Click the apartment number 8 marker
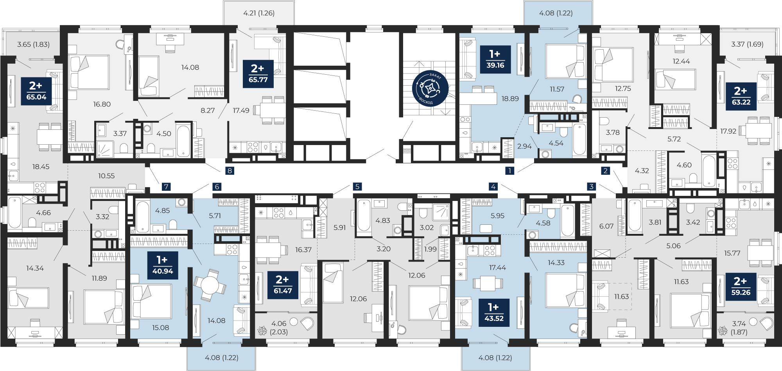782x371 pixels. [230, 170]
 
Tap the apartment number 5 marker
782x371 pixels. [357, 186]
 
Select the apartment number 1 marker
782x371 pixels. [509, 170]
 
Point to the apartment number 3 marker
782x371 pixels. [591, 186]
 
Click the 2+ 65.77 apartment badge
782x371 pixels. [258, 73]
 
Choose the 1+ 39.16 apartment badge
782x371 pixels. [495, 59]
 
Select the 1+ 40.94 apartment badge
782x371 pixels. [163, 265]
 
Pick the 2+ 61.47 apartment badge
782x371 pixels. [283, 285]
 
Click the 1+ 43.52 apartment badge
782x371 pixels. [494, 313]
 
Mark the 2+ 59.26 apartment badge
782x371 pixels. [741, 287]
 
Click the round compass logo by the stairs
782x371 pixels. [429, 88]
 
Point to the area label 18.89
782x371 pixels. [510, 99]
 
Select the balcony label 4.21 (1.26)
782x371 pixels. [259, 13]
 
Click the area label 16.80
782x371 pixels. [102, 104]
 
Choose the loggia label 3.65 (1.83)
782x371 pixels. [33, 45]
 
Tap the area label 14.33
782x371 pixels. [556, 263]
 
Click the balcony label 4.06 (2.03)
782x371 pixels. [279, 328]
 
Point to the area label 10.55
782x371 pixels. [106, 176]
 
